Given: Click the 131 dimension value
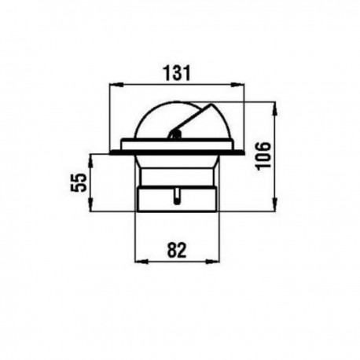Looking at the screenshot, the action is pos(177,73).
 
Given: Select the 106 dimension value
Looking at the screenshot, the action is pos(263,156).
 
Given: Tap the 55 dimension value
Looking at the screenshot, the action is pos(79,182).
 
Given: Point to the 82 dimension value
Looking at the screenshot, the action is pos(177,250).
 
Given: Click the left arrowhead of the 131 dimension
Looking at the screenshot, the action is pos(116,84).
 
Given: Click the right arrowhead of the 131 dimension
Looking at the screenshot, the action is pos(237,84).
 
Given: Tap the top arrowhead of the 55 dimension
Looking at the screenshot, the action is pos(90,161).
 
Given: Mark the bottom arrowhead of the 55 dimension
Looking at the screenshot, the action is pos(90,204).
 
